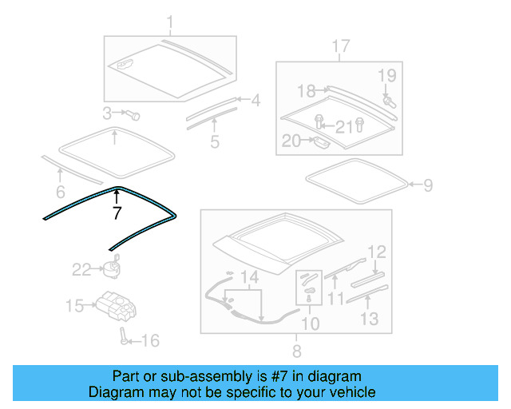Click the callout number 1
[x=169, y=22]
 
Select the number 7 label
[x=117, y=213]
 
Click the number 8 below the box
[x=296, y=351]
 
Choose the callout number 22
[x=82, y=270]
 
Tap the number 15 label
[x=74, y=305]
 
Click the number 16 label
[x=149, y=341]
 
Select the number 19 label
[x=386, y=76]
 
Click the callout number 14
[x=250, y=277]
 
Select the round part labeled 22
[x=111, y=266]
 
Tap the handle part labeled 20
[x=319, y=143]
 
